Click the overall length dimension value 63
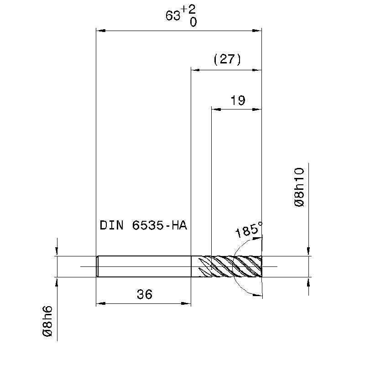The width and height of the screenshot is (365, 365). tap(173, 16)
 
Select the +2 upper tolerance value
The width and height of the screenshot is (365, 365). tap(188, 10)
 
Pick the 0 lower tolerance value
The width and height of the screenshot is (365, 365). tap(193, 22)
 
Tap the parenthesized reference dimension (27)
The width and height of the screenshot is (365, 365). tap(227, 59)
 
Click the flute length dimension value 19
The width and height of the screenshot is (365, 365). tap(238, 100)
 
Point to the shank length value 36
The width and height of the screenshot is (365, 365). tap(145, 294)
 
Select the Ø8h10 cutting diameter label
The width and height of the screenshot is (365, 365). tap(299, 187)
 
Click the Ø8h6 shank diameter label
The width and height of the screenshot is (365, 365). tap(47, 321)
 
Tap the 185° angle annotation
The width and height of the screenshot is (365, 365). tap(249, 229)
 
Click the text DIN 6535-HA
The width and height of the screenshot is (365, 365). tap(143, 225)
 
